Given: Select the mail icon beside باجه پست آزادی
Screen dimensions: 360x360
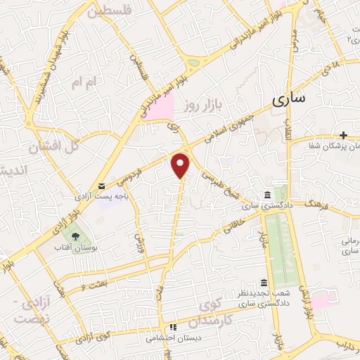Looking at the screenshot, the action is coord(103,186).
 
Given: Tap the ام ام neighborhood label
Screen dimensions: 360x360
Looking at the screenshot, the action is coord(86,83).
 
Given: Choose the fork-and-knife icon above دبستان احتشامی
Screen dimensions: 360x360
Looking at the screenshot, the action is coord(173,327).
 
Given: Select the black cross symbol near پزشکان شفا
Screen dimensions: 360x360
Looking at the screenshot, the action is coord(343,135).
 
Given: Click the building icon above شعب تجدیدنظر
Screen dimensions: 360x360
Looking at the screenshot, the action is coord(264,282).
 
